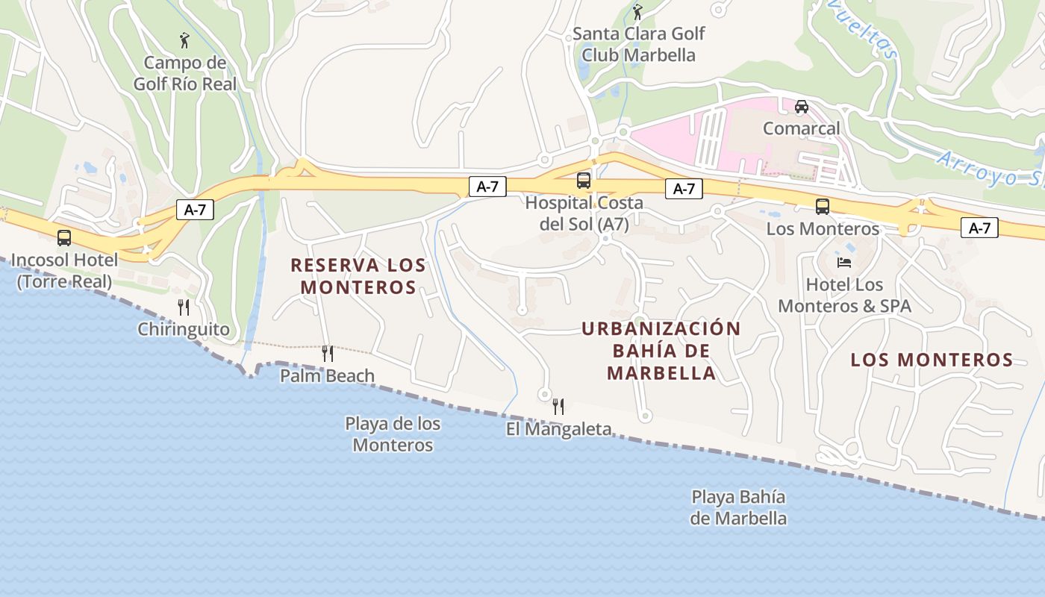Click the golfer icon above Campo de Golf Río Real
184,40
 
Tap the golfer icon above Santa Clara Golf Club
637,13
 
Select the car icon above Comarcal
802,107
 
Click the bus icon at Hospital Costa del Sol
584,181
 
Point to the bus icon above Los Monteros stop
823,207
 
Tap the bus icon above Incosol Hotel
64,238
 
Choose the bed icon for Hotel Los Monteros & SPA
844,263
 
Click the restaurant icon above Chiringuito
184,307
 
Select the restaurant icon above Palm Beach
328,353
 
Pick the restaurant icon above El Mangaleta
558,407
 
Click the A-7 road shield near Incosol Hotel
195,210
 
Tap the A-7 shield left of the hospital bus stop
487,187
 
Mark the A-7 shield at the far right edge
979,228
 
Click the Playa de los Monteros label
393,434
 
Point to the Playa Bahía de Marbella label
738,507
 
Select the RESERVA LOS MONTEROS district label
358,276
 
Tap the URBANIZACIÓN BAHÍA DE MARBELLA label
661,351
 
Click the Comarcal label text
802,128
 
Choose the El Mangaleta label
559,429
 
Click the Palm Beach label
328,375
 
